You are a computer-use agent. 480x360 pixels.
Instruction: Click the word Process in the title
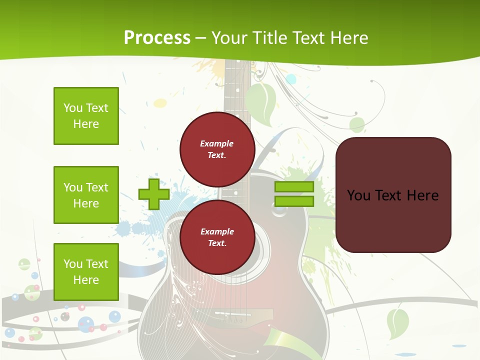(x=157, y=37)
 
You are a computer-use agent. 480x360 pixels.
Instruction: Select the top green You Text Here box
(x=86, y=116)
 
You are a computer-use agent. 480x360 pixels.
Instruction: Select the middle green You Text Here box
(x=86, y=195)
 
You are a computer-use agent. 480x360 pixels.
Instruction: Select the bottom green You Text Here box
(x=86, y=271)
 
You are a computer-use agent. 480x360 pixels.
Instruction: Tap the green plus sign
(x=154, y=194)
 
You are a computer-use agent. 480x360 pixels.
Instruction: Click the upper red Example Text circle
(x=217, y=149)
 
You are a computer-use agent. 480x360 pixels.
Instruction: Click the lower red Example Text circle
(x=217, y=237)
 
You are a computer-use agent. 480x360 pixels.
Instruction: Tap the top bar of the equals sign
(x=294, y=187)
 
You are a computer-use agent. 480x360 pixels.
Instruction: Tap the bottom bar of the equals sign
(x=294, y=201)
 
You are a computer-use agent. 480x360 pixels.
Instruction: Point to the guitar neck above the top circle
(x=235, y=90)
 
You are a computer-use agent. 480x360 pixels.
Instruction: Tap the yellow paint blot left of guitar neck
(x=160, y=103)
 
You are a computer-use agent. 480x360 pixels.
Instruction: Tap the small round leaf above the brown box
(x=357, y=124)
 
